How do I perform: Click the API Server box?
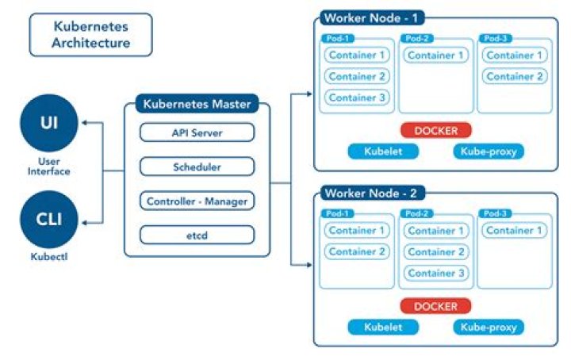point(197,132)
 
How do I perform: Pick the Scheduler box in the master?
point(197,167)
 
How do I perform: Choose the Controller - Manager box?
point(197,201)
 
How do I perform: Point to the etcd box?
point(197,236)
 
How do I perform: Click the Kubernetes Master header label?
point(196,104)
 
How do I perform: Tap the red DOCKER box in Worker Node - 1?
point(435,130)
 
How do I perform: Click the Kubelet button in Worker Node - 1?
point(383,151)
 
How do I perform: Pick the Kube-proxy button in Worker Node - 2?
point(489,327)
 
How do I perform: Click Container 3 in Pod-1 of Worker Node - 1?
point(358,98)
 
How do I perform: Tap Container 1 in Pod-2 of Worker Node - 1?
point(435,56)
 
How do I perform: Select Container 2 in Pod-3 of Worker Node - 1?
point(514,77)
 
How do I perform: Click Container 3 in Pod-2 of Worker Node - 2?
point(435,274)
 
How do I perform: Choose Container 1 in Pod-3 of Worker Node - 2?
point(514,231)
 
